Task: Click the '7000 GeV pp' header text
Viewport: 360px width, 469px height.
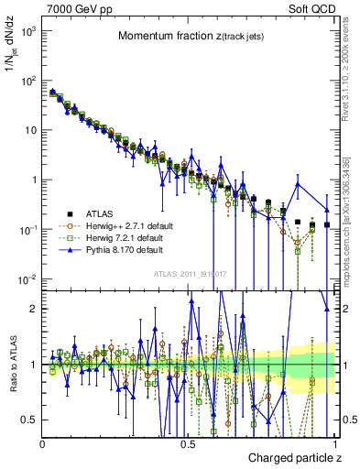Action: pos(73,9)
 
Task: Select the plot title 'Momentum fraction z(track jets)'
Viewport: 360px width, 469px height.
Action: pos(190,36)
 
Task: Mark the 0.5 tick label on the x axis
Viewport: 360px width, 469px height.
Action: pos(188,443)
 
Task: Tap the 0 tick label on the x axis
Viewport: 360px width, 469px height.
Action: pos(42,443)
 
